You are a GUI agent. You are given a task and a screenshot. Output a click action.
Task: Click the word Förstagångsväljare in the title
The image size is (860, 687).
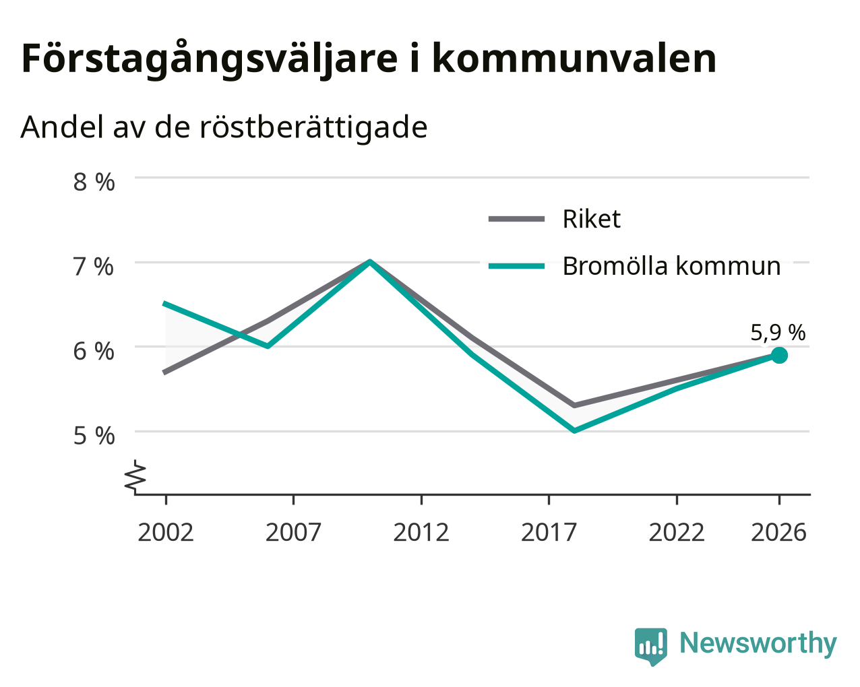point(210,59)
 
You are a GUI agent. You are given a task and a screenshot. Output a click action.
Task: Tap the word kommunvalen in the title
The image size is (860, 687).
point(574,59)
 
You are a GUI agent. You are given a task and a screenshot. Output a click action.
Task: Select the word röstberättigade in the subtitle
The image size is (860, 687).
point(313,128)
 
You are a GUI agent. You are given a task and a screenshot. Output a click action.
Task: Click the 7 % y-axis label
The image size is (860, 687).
point(93,267)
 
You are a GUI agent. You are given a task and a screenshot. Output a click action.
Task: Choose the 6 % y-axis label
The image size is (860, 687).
point(94,352)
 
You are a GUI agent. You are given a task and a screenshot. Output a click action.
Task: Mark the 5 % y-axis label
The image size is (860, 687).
point(94,436)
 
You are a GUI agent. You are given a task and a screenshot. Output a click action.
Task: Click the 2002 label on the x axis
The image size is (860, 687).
point(165,532)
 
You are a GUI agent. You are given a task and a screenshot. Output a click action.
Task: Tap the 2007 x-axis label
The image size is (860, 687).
point(293,532)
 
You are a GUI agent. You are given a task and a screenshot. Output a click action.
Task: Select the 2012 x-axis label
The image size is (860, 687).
point(421,532)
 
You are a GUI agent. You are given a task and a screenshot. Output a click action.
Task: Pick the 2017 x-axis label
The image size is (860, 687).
point(549,532)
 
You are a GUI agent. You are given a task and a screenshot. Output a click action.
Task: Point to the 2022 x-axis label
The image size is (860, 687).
point(677,532)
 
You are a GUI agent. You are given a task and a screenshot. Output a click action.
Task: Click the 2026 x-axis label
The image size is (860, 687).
point(779,532)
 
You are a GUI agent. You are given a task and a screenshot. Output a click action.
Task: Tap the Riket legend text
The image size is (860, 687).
point(592,219)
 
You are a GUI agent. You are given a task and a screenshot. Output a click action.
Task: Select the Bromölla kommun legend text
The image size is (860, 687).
point(671,266)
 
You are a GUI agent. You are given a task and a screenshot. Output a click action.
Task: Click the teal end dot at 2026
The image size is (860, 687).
point(779,355)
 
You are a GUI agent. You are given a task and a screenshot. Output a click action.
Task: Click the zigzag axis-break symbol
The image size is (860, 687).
point(135,476)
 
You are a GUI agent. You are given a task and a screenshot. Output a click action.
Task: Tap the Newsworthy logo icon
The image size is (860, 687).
point(650,645)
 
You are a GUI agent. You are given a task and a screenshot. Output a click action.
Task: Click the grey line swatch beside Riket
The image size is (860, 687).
point(517,219)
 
